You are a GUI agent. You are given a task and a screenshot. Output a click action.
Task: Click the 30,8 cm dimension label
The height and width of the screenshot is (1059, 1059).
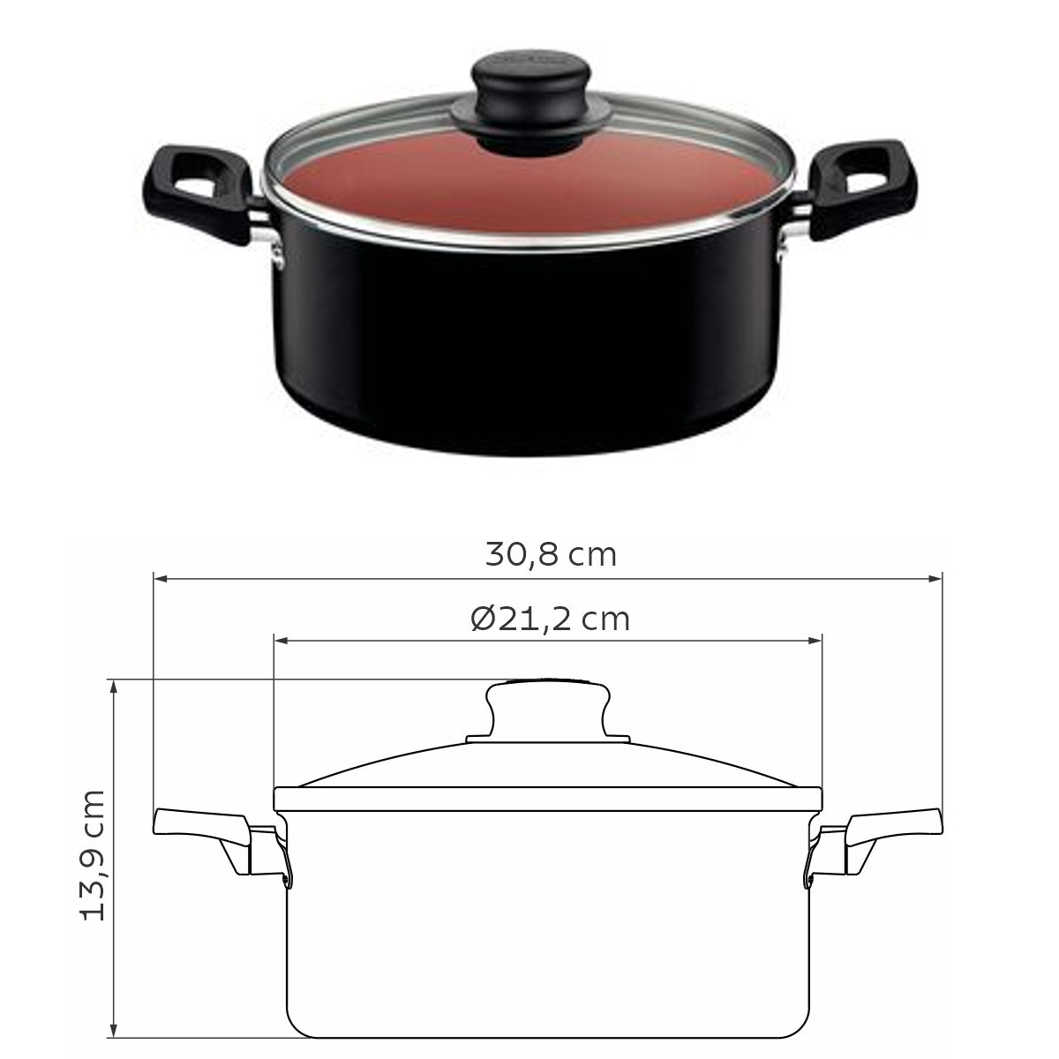pyautogui.click(x=551, y=555)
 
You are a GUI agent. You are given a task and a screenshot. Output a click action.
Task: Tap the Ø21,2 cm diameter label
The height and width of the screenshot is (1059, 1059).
pyautogui.click(x=550, y=620)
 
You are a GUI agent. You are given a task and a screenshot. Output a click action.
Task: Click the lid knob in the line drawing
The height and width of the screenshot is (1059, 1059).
pyautogui.click(x=548, y=711)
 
